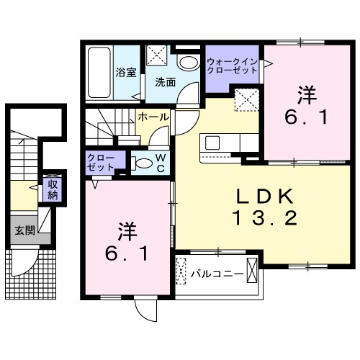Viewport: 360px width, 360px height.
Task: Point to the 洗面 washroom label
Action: [165, 82]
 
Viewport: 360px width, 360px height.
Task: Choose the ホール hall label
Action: [153, 117]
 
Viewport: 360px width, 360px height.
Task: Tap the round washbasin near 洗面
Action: [188, 63]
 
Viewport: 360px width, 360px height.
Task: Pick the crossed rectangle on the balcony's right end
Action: [251, 272]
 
